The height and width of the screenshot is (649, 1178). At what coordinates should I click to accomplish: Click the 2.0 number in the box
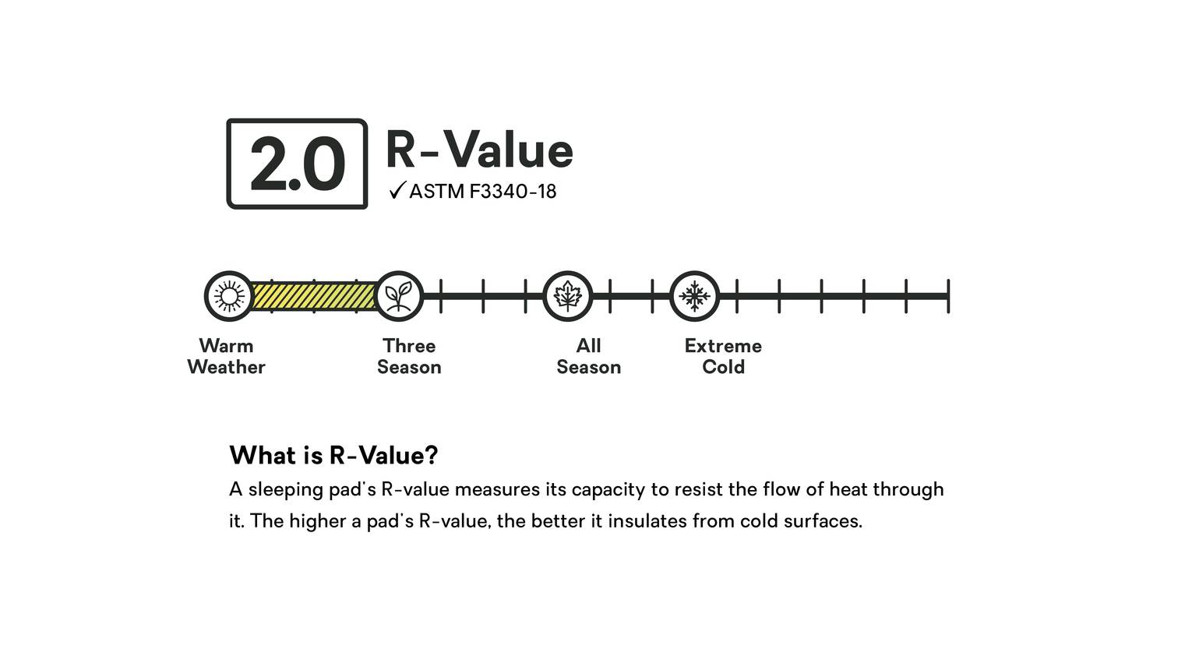(297, 164)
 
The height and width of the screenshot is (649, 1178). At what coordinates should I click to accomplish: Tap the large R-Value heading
(479, 150)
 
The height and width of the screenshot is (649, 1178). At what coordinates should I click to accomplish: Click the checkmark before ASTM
(397, 190)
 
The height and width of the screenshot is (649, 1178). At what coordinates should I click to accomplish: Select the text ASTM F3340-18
(482, 192)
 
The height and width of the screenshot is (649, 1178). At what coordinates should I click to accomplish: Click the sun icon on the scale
(229, 296)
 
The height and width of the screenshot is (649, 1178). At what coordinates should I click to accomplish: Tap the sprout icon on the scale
(398, 296)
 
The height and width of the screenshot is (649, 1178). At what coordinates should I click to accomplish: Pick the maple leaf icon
(567, 296)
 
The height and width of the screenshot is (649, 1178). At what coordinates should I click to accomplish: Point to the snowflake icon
(694, 296)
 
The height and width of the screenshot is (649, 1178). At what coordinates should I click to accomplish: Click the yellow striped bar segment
(314, 296)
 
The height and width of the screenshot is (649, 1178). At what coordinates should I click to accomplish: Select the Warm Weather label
(226, 356)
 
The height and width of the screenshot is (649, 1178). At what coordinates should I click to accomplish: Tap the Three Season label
(409, 356)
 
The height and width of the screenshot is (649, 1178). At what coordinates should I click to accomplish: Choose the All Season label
(588, 356)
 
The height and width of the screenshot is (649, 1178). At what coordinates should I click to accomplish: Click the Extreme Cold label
(723, 356)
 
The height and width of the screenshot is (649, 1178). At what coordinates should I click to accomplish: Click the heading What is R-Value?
(333, 455)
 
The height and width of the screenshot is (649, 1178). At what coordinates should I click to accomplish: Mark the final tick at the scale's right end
(948, 296)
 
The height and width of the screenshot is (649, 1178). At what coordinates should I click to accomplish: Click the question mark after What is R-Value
(432, 455)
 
